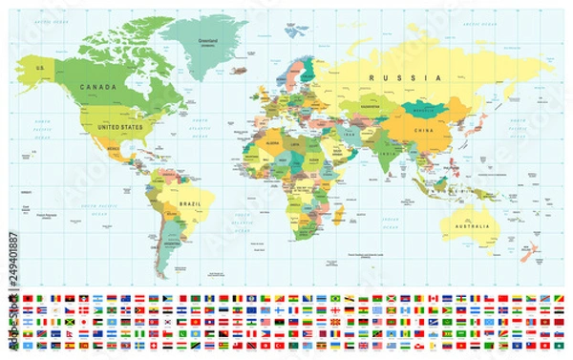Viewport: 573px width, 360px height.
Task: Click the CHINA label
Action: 423,130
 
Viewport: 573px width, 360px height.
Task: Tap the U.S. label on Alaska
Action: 41,68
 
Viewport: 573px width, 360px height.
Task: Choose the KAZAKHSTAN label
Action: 370,99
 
